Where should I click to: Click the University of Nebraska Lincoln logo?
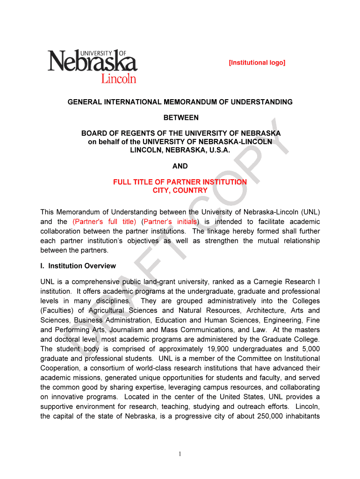[x=92, y=66]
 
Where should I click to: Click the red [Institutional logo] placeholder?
[x=257, y=63]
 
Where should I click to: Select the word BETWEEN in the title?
[x=180, y=117]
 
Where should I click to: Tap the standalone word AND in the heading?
[x=180, y=166]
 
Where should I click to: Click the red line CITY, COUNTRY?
[x=180, y=190]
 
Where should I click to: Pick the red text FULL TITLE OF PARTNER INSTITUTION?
[x=180, y=182]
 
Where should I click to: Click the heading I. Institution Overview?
[x=78, y=266]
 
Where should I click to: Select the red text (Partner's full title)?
[x=104, y=221]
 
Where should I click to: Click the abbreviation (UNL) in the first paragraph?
[x=310, y=211]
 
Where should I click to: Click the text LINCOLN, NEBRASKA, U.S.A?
[x=180, y=150]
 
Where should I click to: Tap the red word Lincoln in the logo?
[x=119, y=78]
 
